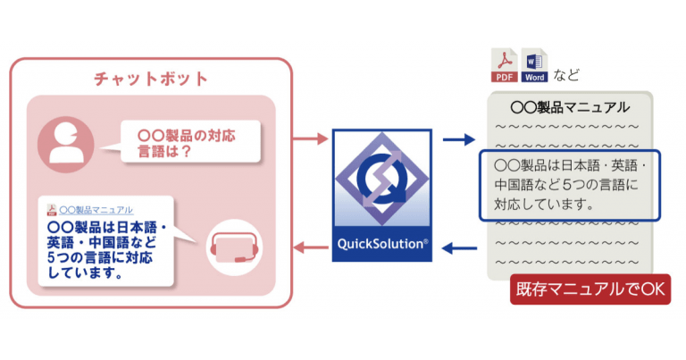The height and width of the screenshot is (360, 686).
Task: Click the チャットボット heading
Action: (x=151, y=78)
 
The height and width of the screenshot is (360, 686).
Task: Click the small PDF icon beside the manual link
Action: (x=52, y=209)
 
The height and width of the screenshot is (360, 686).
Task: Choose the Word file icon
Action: (x=534, y=65)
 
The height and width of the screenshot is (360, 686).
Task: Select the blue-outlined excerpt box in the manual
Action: (x=569, y=185)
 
